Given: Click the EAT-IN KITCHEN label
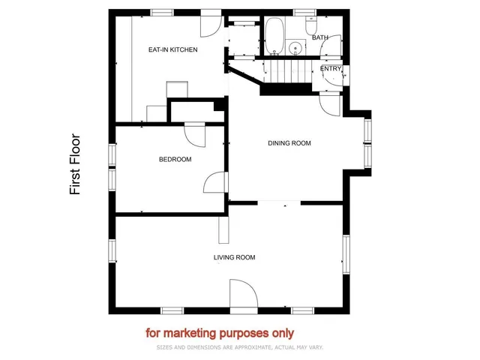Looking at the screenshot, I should (172, 49).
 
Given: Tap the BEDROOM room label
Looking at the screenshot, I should (175, 159).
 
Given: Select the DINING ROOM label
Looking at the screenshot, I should (289, 142).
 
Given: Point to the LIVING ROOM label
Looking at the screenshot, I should (234, 257).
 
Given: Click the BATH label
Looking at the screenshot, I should (320, 37).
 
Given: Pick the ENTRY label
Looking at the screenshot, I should (331, 69).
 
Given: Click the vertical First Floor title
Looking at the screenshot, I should (75, 165).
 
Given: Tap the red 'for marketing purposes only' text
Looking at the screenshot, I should (220, 332).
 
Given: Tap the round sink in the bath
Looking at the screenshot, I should (295, 47).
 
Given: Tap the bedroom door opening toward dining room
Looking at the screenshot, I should (215, 184).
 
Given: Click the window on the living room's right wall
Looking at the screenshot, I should (346, 256).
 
